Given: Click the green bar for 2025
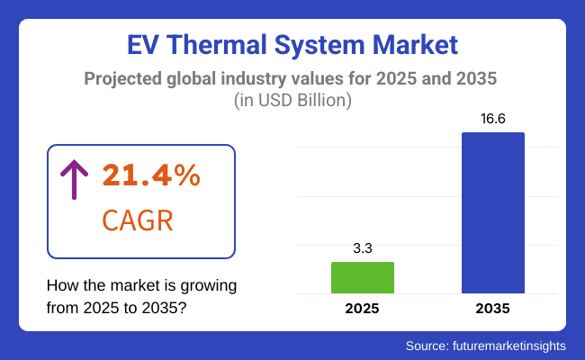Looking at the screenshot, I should point(363,277).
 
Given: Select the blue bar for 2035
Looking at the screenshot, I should point(493,212).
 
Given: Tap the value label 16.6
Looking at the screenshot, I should point(493,119).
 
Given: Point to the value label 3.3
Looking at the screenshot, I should point(363,248).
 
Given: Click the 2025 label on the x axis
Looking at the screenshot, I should point(363,309).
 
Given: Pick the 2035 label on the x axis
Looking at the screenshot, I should point(493,309).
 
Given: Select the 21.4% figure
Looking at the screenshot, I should point(150,176).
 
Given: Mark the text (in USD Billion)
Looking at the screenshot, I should point(292,101).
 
